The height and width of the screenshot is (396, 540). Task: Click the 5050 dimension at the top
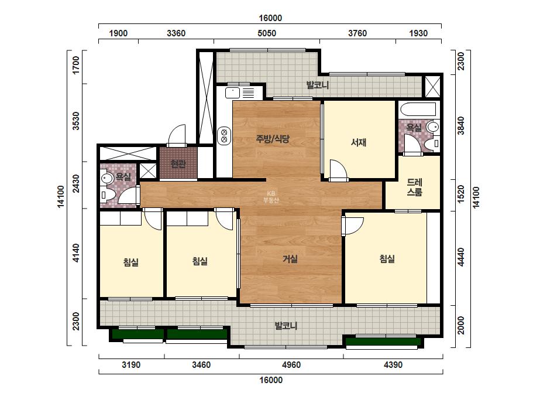(267, 33)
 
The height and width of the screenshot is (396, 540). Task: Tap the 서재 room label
(359, 142)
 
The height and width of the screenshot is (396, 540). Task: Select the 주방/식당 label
(273, 139)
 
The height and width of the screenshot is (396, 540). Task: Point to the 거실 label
(290, 259)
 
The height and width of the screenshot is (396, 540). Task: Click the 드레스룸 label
(414, 187)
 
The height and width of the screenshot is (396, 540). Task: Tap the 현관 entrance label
(178, 163)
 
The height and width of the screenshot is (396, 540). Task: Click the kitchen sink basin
(232, 93)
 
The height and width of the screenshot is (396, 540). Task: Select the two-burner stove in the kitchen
(224, 135)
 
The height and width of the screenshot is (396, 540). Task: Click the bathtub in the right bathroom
(418, 110)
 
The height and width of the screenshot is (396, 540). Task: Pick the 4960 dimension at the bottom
(291, 364)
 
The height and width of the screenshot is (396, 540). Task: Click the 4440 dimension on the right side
(461, 257)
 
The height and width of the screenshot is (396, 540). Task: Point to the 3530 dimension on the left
(76, 121)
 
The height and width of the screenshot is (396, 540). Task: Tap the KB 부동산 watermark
(271, 197)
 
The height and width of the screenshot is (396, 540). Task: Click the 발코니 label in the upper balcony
(318, 85)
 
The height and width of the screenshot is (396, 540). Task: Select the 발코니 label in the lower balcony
(286, 326)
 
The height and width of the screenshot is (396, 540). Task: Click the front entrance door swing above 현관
(177, 135)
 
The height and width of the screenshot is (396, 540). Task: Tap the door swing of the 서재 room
(338, 170)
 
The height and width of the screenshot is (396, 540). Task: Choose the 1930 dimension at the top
(418, 33)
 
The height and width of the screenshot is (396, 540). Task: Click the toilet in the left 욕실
(106, 195)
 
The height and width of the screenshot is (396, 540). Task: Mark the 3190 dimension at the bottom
(131, 364)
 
